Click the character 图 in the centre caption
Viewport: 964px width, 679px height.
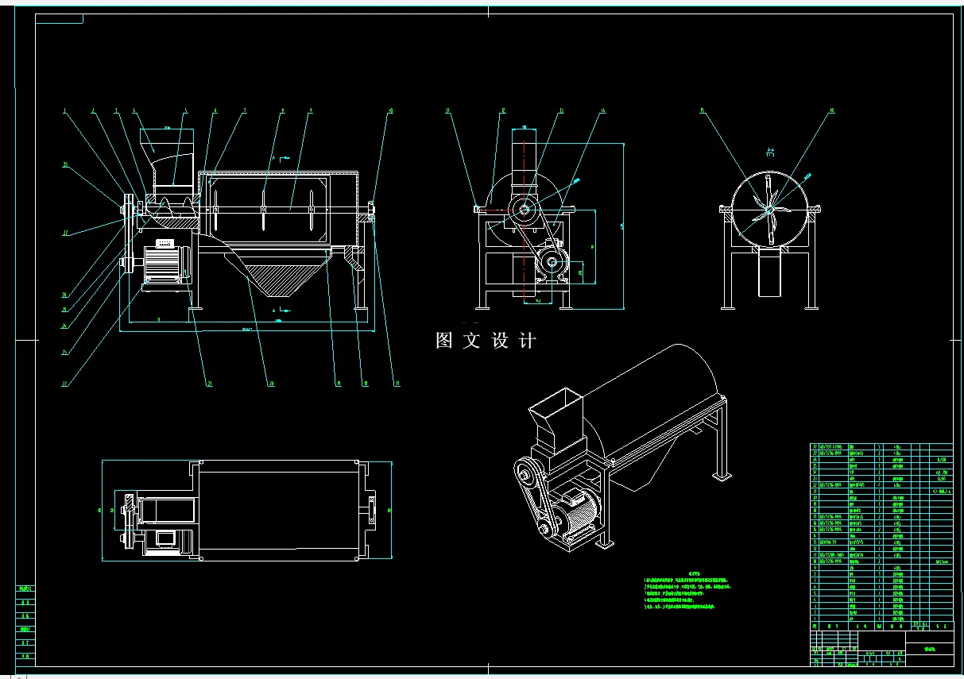(x=444, y=341)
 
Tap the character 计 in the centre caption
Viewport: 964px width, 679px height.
(x=527, y=341)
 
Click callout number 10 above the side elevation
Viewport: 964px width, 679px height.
(x=390, y=111)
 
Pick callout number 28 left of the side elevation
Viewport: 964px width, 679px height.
(x=64, y=165)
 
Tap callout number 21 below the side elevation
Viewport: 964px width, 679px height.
(x=209, y=384)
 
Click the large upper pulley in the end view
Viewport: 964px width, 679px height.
(x=524, y=209)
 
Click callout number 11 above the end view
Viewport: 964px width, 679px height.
(x=447, y=111)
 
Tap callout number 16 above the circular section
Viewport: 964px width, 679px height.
(x=832, y=111)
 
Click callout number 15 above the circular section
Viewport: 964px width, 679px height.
(x=703, y=111)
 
